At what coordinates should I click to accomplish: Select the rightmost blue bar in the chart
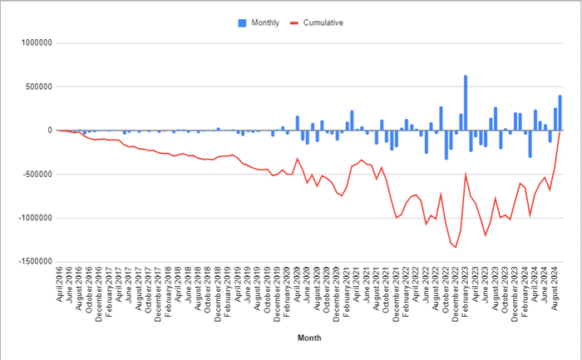point(560,113)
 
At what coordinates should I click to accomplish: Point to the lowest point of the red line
point(456,247)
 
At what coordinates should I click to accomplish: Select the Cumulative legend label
point(324,22)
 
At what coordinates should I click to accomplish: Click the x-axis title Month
point(309,338)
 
